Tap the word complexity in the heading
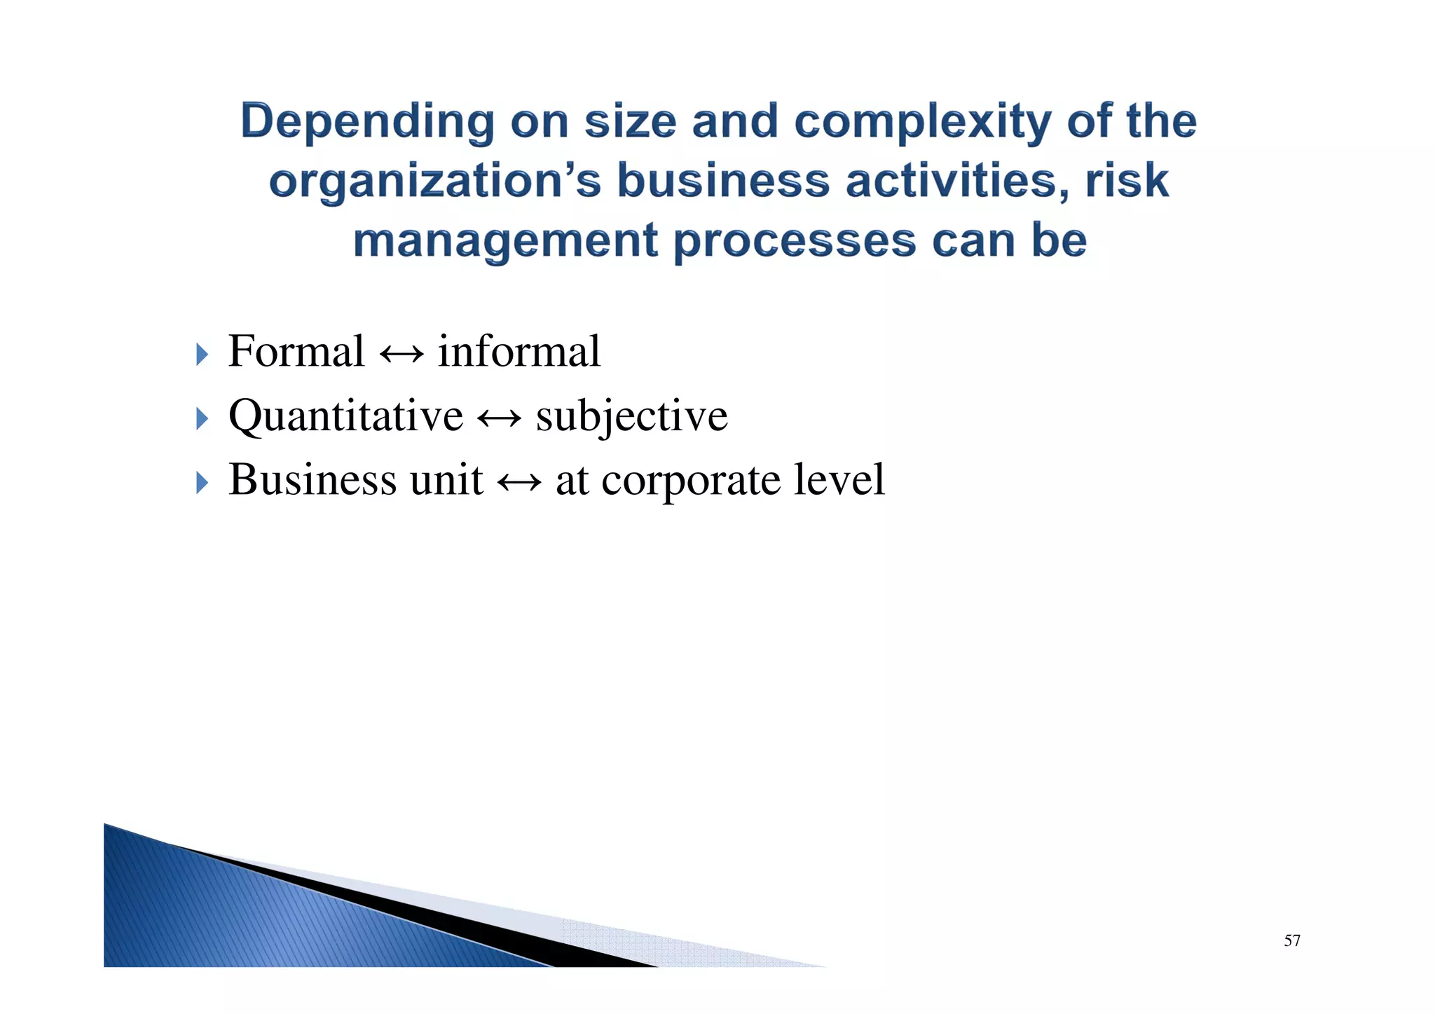click(x=922, y=122)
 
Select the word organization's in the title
click(x=434, y=181)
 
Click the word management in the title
click(x=505, y=241)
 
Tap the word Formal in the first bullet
click(x=296, y=351)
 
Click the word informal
click(x=519, y=351)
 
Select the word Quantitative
click(x=345, y=416)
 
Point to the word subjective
click(x=632, y=417)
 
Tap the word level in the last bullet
click(x=839, y=480)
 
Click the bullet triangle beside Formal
click(x=202, y=355)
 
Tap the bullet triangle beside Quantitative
click(x=202, y=419)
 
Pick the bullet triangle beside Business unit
click(x=202, y=483)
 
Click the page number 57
click(x=1292, y=941)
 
